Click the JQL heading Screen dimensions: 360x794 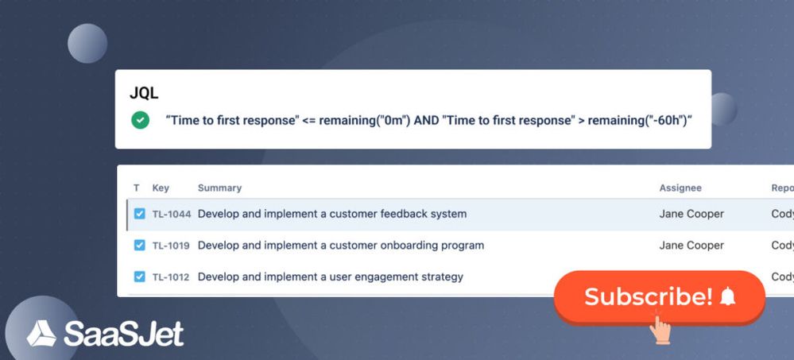click(x=144, y=92)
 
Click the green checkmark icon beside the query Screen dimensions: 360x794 click(x=141, y=120)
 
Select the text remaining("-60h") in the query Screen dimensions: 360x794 click(x=640, y=120)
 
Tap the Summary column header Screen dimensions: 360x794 click(x=219, y=188)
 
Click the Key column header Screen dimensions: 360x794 click(x=161, y=188)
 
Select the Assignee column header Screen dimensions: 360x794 click(x=680, y=188)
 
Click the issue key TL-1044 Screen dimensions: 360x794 click(x=171, y=214)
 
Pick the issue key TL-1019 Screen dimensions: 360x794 click(x=171, y=246)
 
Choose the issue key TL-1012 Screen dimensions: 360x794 click(x=171, y=277)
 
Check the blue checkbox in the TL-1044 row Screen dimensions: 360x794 click(x=139, y=214)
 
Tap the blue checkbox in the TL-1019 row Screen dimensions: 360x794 click(x=139, y=246)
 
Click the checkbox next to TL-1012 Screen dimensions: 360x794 click(x=139, y=277)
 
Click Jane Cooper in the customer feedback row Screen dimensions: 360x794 click(x=691, y=214)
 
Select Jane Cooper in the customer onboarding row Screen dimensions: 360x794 click(x=691, y=246)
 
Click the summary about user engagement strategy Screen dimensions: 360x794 click(x=330, y=277)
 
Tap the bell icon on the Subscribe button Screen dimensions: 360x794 click(x=727, y=297)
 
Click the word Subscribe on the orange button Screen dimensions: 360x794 click(x=648, y=297)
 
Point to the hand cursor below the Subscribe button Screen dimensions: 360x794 click(x=660, y=329)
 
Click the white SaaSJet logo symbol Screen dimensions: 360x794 click(x=41, y=333)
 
